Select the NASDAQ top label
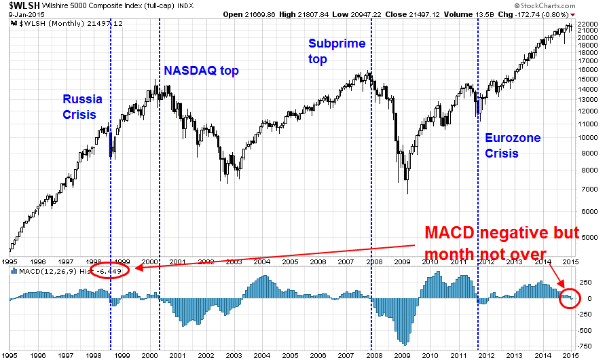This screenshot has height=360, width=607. (x=202, y=71)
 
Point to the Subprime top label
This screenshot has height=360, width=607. (x=337, y=51)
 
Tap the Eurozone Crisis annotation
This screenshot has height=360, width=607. (x=513, y=145)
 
